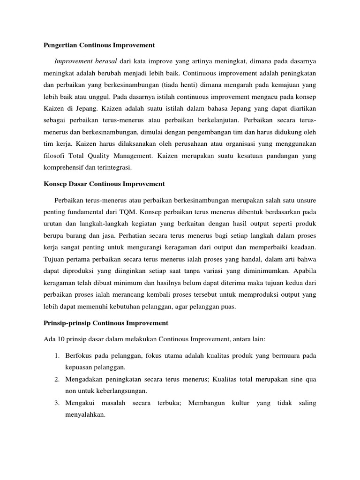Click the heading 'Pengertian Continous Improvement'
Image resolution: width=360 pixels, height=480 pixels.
tap(99, 45)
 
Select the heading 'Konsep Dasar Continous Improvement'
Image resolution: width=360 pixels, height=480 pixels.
tap(104, 184)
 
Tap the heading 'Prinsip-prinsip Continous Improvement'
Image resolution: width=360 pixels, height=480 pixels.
tap(105, 323)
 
